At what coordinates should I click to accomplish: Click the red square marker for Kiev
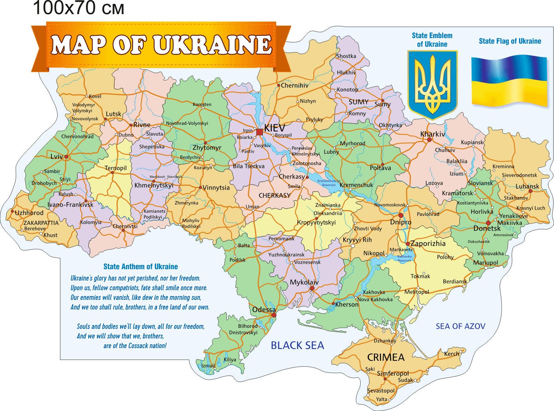[259, 132]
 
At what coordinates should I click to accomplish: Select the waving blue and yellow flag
[509, 81]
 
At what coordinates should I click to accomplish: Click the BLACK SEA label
[297, 345]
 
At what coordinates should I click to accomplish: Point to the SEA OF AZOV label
[460, 326]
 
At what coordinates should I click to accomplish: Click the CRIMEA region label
[385, 357]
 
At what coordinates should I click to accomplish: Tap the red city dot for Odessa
[274, 315]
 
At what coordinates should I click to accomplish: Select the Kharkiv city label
[432, 134]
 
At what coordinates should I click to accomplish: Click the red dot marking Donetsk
[488, 223]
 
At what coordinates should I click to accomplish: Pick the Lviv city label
[56, 156]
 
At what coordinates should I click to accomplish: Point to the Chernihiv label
[294, 85]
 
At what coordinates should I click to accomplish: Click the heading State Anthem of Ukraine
[140, 267]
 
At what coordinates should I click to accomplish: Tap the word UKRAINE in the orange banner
[212, 44]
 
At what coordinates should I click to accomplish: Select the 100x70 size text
[78, 8]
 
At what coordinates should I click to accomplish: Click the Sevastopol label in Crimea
[381, 391]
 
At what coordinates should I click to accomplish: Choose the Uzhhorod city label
[29, 213]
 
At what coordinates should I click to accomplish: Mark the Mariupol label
[485, 263]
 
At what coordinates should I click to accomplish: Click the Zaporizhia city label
[428, 243]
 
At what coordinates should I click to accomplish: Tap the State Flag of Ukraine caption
[510, 41]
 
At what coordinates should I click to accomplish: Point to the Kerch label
[452, 354]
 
